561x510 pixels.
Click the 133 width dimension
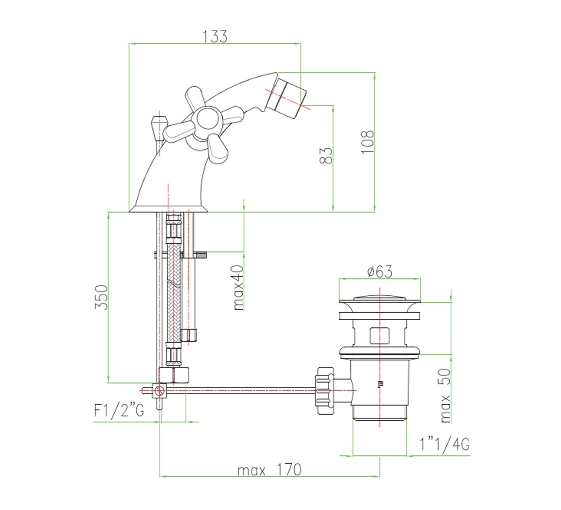pos(215,37)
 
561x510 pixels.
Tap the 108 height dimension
pos(367,142)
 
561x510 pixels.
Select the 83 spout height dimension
pos(325,156)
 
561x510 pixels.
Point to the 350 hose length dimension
pos(101,297)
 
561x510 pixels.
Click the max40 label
pos(238,288)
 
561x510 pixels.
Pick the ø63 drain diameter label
pos(379,271)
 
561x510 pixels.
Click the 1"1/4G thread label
pos(444,445)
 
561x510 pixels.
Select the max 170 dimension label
pos(270,469)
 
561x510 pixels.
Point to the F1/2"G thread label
pos(119,411)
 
